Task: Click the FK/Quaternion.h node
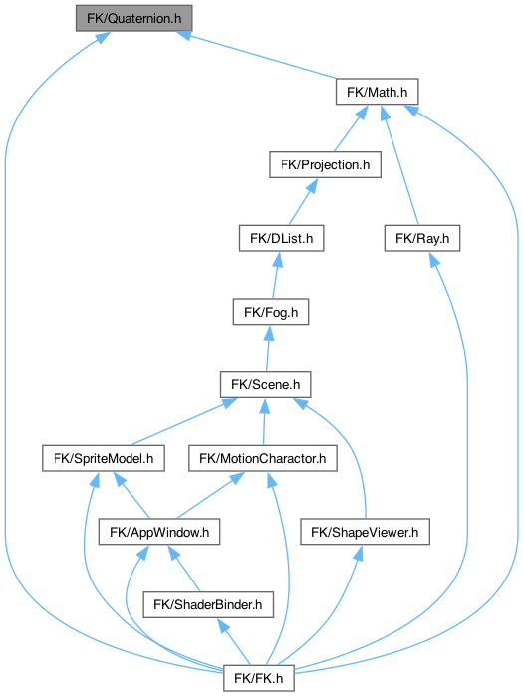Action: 133,18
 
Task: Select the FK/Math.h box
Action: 377,92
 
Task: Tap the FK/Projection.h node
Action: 325,164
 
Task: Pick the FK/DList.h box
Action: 282,238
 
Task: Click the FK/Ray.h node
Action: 422,238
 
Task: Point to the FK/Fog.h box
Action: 271,312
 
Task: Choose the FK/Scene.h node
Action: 266,385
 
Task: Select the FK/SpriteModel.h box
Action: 104,458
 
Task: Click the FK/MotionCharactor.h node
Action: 263,458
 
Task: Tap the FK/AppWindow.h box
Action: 159,532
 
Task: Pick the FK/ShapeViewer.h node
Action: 365,532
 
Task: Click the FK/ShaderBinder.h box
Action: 208,604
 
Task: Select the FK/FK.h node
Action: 259,678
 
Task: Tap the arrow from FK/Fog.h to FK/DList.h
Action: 276,275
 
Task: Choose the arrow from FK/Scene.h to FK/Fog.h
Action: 268,348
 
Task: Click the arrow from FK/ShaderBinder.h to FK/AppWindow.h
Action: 184,569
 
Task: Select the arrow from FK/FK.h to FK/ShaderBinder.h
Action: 234,642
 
